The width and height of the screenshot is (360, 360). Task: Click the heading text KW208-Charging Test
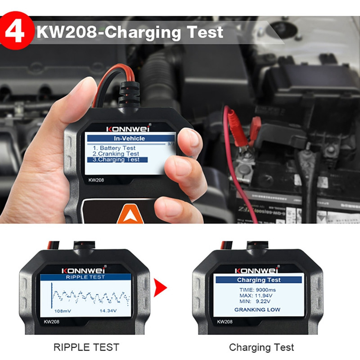[x=130, y=32]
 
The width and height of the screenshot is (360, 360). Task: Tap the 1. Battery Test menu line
[x=114, y=148]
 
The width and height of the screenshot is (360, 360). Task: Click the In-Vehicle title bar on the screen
[x=130, y=138]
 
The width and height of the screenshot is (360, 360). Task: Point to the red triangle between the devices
[x=160, y=288]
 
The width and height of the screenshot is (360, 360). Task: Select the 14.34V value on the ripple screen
[x=109, y=311]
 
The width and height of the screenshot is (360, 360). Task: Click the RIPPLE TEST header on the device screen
[x=85, y=277]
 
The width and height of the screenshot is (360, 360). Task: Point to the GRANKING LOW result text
[x=257, y=310]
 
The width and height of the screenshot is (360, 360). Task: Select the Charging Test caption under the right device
[x=261, y=347]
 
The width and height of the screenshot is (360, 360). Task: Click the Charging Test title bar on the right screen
[x=258, y=280]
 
